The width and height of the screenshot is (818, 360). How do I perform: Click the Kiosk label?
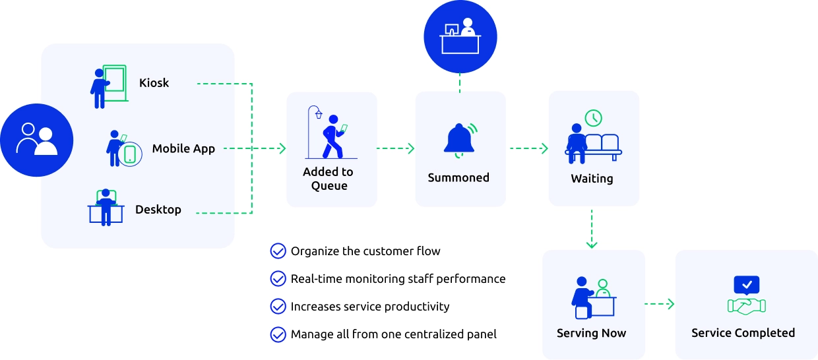point(154,83)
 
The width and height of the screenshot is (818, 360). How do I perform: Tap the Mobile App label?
point(183,148)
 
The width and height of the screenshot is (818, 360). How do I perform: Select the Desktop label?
point(158,210)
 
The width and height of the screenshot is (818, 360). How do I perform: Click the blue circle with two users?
point(36,140)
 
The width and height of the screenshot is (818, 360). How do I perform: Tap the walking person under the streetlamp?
point(333,140)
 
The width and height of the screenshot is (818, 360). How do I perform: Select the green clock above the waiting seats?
point(593,117)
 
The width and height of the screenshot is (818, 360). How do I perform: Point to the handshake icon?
point(746,305)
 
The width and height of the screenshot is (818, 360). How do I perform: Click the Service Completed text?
point(743,333)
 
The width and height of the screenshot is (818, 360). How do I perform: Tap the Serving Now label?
point(591,333)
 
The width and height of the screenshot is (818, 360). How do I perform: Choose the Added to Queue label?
point(329,179)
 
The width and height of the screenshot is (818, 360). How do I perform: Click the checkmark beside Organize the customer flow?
point(278,251)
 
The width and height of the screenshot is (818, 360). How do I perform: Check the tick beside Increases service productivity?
point(278,307)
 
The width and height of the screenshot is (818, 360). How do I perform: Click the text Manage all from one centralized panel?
point(394,334)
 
